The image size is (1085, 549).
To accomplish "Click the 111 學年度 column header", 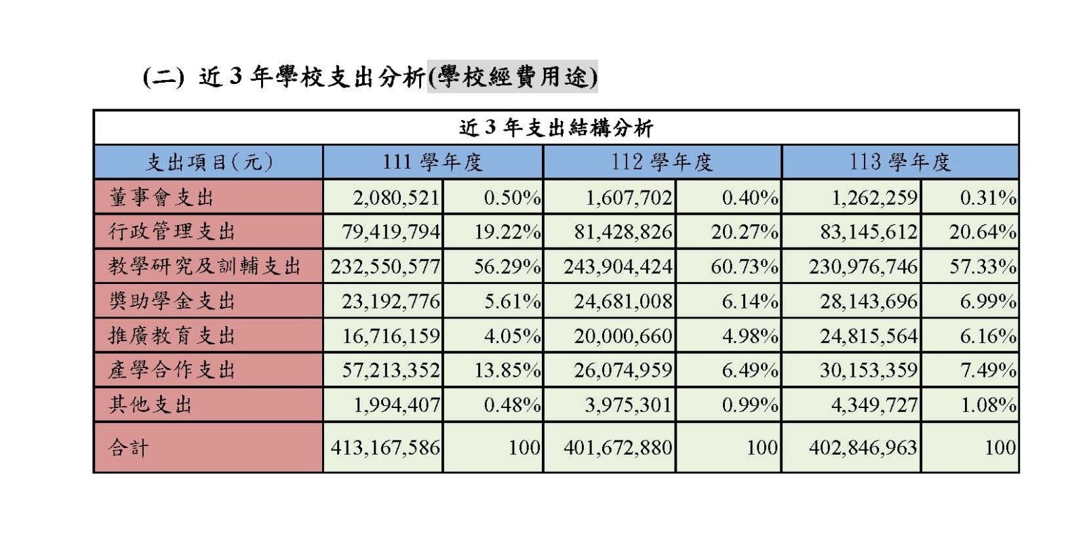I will [433, 162].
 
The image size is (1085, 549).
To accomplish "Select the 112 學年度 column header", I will [662, 162].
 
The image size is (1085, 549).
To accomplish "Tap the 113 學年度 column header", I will [900, 162].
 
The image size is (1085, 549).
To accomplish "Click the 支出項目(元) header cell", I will [209, 163].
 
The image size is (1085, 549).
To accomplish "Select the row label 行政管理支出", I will [172, 232].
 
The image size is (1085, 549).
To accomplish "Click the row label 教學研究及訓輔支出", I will [204, 266].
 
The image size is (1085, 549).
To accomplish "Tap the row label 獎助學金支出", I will [172, 301].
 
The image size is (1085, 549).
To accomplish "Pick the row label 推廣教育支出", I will [172, 335].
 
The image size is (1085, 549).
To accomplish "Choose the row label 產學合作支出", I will [172, 370].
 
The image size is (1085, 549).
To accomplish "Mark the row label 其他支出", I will [151, 405].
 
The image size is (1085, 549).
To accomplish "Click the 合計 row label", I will [128, 447].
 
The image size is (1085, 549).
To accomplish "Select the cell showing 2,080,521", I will [396, 198].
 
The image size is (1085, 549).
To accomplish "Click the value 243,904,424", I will [618, 267].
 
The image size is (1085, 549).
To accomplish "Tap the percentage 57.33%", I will [982, 267].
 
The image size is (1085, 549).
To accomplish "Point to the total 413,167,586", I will [385, 447].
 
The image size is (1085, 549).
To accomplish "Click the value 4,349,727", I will [874, 405].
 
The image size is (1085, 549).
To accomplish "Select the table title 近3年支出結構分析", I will [555, 127].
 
